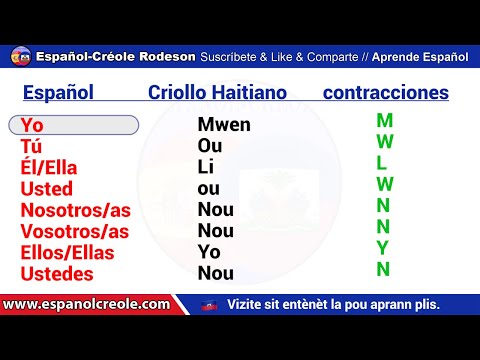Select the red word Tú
[31, 147]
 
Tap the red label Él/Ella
[49, 168]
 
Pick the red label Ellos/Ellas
[67, 252]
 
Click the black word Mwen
[224, 126]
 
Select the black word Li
[206, 168]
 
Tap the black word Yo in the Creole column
[209, 252]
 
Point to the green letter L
[383, 163]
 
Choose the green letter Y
[383, 247]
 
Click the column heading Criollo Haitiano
[217, 93]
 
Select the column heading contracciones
[385, 93]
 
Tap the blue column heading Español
[58, 93]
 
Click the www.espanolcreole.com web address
[85, 303]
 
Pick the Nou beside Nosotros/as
[216, 210]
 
